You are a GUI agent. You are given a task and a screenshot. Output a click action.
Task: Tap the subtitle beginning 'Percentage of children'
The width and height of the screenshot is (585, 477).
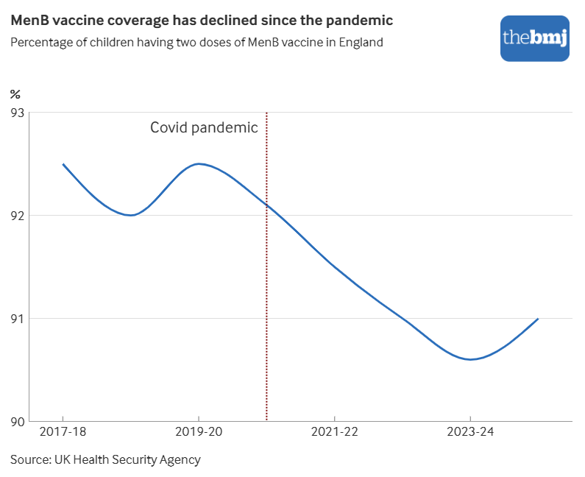pos(196,42)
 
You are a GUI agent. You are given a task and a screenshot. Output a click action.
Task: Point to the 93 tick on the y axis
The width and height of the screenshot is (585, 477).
pos(17,113)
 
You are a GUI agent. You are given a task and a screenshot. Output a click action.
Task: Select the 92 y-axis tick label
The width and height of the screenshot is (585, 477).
pos(17,216)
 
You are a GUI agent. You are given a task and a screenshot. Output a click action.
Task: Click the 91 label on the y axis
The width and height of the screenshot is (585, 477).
pos(17,319)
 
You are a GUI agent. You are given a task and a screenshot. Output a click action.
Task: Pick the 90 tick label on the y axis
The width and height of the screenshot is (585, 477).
pos(17,422)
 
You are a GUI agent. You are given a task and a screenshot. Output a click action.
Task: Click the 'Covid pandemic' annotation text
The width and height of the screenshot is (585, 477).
pos(204,127)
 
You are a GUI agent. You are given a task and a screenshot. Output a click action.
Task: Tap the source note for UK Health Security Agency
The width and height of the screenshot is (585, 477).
pos(105,459)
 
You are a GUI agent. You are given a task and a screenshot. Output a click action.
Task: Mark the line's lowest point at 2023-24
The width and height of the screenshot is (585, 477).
pos(471,359)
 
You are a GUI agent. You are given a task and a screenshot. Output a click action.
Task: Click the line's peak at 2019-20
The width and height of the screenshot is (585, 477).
pos(199,163)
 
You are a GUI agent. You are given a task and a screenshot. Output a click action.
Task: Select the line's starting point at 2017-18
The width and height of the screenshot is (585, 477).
pos(63,164)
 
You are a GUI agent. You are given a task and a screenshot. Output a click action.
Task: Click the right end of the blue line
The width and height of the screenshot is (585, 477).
pos(538,319)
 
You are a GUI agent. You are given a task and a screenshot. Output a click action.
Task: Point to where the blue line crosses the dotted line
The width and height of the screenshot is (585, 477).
pos(266,205)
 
